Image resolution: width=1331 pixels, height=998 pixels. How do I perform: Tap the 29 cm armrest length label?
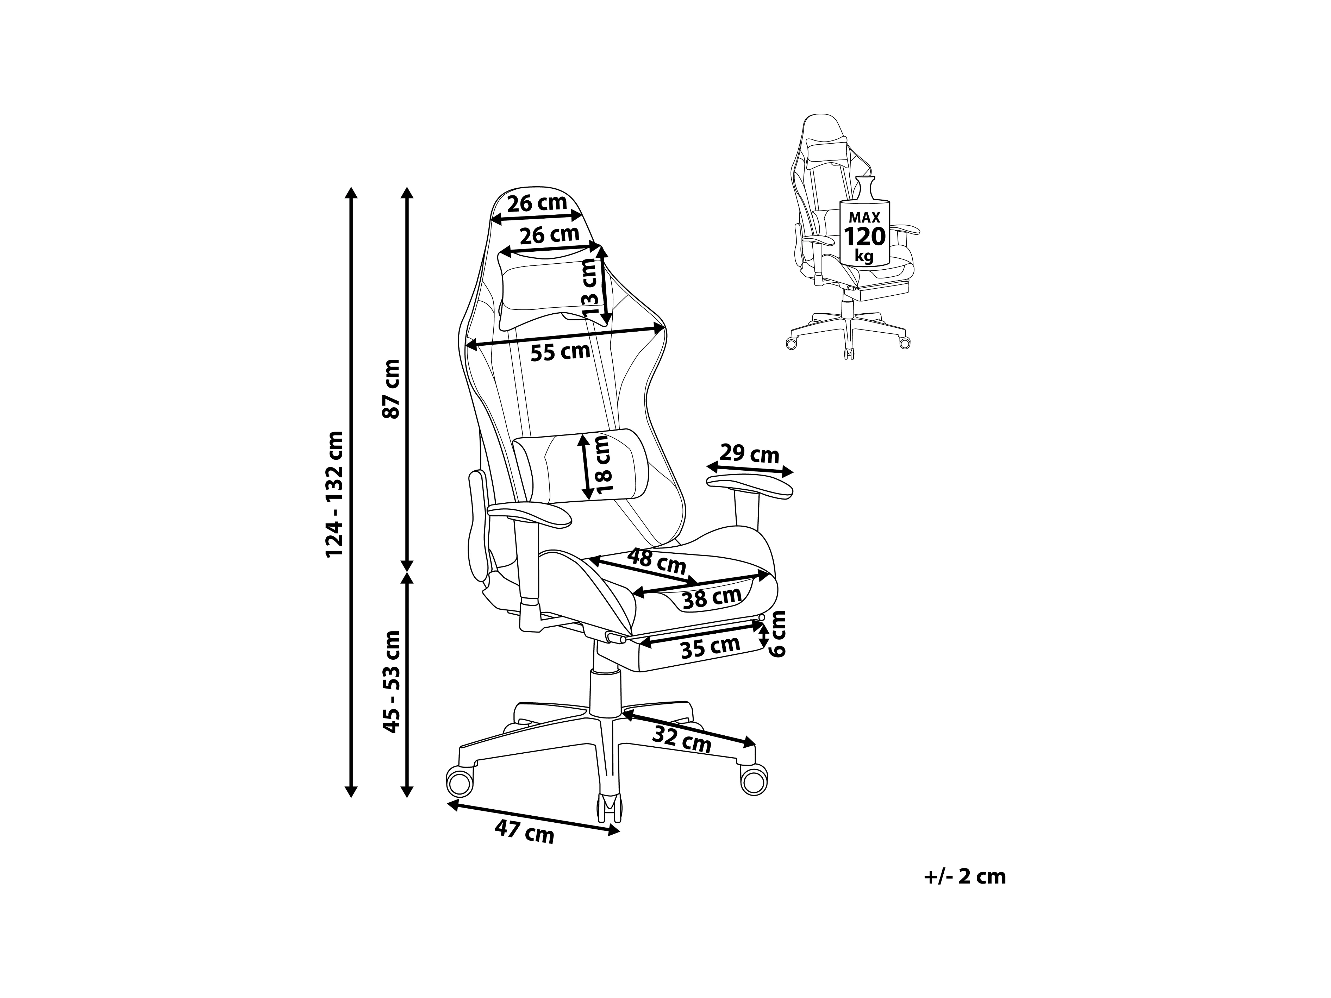point(749,453)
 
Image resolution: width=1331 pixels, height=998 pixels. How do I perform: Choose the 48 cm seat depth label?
point(656,561)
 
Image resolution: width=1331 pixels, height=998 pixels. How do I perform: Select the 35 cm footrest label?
point(710,647)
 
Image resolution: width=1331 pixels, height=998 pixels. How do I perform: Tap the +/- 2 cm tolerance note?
point(964,877)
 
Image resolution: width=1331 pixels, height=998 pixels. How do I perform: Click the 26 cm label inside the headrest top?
point(537,203)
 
